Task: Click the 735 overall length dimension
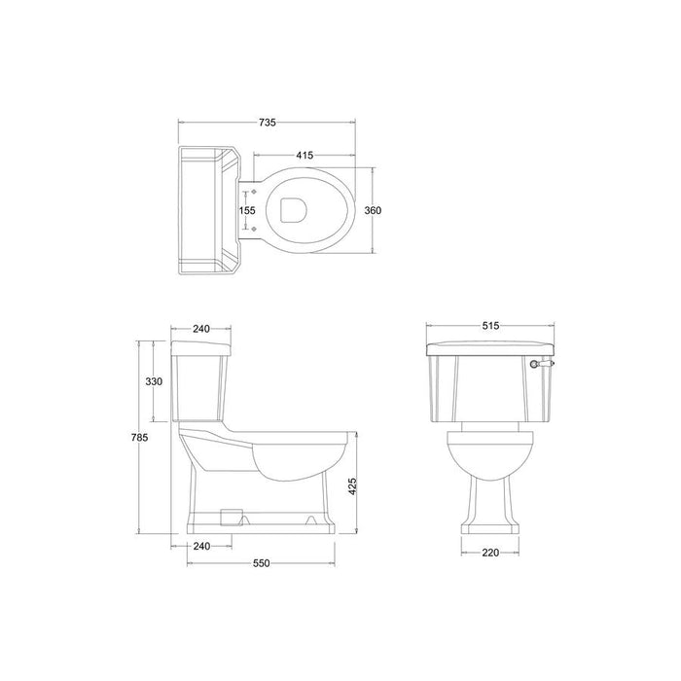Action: [x=268, y=123]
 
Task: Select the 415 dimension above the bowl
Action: [x=305, y=155]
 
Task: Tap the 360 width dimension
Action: [x=373, y=211]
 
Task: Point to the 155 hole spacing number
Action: [x=247, y=211]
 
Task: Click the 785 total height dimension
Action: [x=139, y=438]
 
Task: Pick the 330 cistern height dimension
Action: [x=154, y=381]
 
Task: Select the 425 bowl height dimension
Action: [x=352, y=486]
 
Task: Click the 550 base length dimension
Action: [x=261, y=563]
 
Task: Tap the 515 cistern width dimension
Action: [x=490, y=325]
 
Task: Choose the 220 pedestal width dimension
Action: [x=490, y=553]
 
